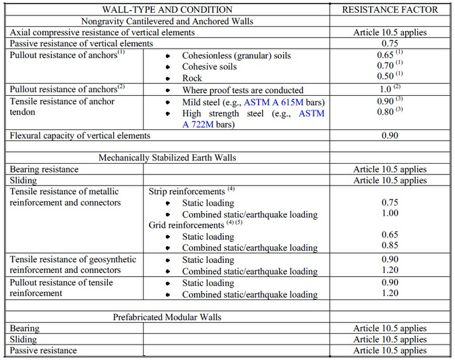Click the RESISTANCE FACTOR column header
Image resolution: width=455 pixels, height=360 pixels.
click(390, 9)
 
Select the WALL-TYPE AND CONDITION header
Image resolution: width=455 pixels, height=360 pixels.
click(167, 9)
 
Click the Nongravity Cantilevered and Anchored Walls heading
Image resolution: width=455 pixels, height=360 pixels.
click(167, 21)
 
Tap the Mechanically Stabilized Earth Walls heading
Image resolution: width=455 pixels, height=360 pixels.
click(167, 158)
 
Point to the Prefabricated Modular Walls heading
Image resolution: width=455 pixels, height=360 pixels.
click(167, 317)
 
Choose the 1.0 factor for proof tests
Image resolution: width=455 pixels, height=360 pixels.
click(386, 90)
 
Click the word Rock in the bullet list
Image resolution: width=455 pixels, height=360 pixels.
click(193, 78)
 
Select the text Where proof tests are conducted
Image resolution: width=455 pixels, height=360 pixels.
click(243, 90)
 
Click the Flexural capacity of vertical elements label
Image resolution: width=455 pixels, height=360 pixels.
click(80, 136)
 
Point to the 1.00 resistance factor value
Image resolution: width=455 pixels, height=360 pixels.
click(390, 213)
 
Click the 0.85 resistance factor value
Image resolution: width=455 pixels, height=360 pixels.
click(390, 247)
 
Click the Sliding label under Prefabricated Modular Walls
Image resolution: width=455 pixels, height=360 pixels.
click(23, 340)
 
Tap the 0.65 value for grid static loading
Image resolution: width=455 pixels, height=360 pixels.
click(390, 236)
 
